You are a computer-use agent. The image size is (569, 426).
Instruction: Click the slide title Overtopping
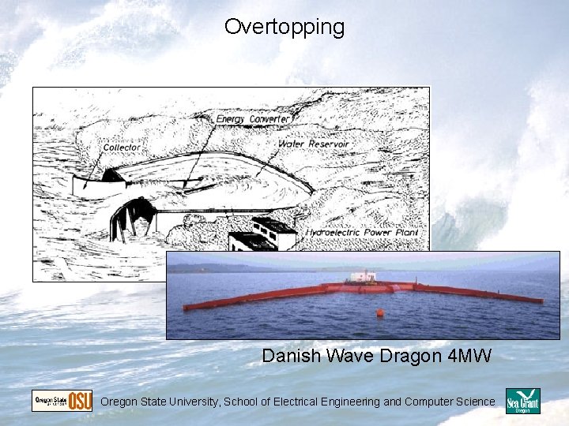(284, 27)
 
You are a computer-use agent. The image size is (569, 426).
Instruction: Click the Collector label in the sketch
(121, 148)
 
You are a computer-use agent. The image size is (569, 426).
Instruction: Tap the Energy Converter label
(253, 119)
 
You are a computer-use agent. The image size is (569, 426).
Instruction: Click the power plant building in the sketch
(261, 237)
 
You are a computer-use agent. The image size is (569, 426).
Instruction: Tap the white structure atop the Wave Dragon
(363, 276)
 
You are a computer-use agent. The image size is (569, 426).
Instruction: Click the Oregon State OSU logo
(62, 401)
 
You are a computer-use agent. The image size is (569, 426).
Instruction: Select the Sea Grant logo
(523, 402)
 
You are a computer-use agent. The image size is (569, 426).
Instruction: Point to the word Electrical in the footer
(295, 402)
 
